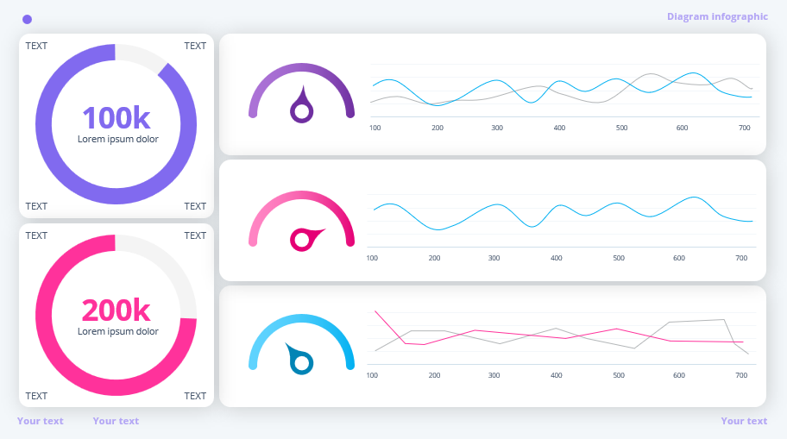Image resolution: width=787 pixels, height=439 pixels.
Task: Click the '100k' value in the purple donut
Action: (116, 117)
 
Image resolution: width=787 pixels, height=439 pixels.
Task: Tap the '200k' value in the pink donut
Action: (116, 310)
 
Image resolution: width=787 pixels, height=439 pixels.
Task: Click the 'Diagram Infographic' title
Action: (717, 16)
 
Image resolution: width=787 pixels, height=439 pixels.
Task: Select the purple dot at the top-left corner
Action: (28, 19)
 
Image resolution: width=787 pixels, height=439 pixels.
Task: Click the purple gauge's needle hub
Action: (301, 110)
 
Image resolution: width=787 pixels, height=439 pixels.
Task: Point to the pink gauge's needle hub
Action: (301, 239)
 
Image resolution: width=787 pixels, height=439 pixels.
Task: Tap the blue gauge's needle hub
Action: (301, 364)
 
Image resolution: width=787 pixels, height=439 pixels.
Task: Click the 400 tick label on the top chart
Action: (559, 128)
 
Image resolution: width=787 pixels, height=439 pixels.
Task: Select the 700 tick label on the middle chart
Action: (741, 258)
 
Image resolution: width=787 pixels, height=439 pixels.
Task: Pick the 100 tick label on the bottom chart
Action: (372, 375)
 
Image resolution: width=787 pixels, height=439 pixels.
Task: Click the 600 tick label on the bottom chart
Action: (679, 375)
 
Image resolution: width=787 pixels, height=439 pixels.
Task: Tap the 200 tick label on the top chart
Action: (438, 128)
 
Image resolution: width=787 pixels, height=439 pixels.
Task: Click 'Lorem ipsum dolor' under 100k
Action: (118, 139)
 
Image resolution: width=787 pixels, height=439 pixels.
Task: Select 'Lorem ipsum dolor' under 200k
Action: (118, 331)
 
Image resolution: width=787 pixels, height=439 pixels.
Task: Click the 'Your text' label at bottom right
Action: (744, 421)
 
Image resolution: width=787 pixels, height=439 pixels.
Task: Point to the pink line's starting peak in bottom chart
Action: (375, 311)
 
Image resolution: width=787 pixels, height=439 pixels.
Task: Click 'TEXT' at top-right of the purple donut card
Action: (195, 46)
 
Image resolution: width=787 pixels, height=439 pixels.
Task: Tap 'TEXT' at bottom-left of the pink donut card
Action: (36, 396)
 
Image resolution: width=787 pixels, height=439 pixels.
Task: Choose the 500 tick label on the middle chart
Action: (619, 258)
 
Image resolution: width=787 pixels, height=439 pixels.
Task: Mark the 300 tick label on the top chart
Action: (497, 128)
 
